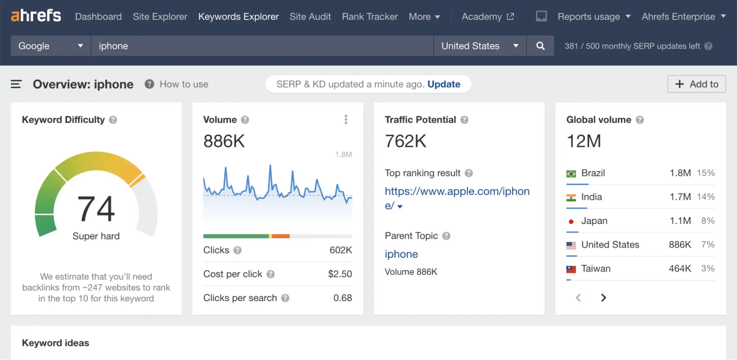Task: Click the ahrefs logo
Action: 36,16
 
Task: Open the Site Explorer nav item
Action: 160,17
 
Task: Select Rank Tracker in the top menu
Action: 370,17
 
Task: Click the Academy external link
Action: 487,17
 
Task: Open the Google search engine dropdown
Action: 51,46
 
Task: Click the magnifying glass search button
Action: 540,46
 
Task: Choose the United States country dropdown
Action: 479,46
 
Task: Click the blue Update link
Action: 444,84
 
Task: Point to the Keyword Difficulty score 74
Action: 96,209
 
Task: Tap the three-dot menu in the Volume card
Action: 346,120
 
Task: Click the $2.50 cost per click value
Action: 340,274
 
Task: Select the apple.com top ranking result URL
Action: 457,191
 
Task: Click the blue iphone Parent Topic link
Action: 401,254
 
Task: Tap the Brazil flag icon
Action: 571,173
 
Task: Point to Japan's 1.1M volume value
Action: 680,221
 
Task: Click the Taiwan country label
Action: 596,269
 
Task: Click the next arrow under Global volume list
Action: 604,298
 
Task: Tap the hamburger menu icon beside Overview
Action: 16,84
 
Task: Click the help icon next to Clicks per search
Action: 285,298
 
